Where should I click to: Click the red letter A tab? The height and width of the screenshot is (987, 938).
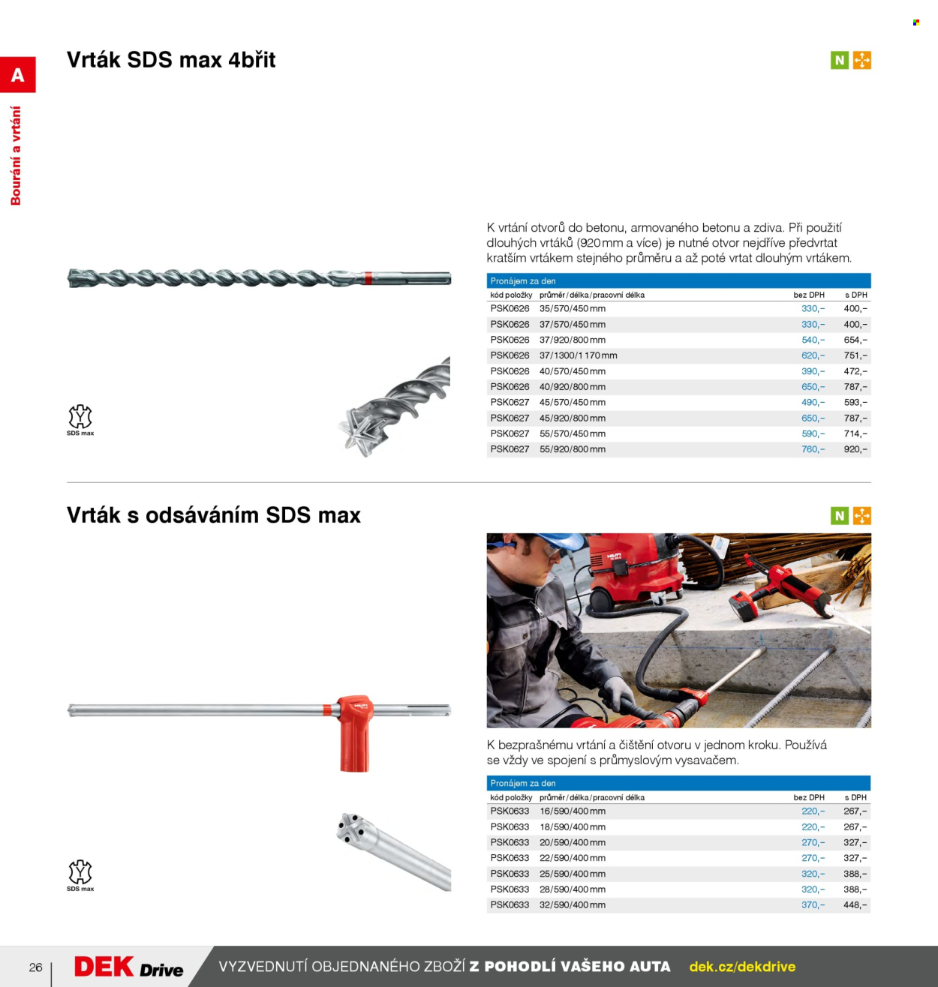pos(17,74)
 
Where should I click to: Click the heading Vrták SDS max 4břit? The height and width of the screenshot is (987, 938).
pos(171,60)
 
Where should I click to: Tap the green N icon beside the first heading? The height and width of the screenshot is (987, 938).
pos(839,60)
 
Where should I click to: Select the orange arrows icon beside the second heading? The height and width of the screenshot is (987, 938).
pos(861,515)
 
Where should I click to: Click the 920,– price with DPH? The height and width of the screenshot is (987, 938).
pos(855,449)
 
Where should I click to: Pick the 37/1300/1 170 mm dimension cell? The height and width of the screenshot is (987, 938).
pos(579,355)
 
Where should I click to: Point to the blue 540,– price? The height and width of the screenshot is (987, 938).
pos(813,340)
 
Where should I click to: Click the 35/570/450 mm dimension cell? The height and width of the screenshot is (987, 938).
pos(573,309)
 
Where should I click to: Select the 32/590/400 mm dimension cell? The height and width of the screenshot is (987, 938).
pos(573,904)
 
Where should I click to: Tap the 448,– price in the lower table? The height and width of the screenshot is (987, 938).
pos(855,904)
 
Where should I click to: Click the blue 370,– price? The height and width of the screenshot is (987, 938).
pos(813,904)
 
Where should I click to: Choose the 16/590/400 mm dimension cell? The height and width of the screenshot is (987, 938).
pos(573,811)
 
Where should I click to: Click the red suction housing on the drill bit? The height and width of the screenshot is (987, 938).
pos(355,733)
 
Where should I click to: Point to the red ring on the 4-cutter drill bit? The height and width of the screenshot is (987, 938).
pos(368,278)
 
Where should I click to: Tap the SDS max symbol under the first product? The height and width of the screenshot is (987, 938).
pos(80,420)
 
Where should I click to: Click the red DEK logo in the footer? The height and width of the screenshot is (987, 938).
pos(104,967)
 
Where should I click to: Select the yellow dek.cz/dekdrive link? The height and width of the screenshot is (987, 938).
pos(742,967)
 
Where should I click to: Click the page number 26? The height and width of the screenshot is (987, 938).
pos(36,967)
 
